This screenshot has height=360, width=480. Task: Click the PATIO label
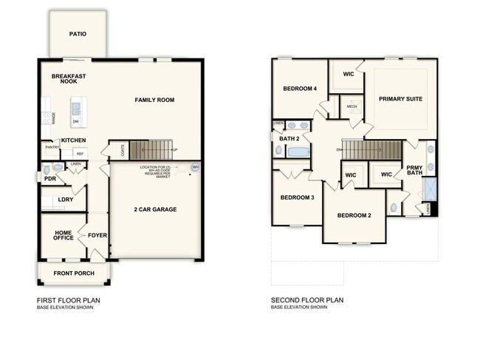(x=78, y=34)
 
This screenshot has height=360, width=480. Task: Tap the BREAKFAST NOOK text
(x=69, y=79)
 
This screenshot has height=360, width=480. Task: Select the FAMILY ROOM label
(x=154, y=99)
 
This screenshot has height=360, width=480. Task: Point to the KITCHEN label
(x=73, y=140)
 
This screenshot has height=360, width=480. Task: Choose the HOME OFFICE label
(x=63, y=236)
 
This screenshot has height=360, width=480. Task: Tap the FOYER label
(x=97, y=236)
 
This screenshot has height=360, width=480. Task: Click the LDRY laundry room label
(x=55, y=200)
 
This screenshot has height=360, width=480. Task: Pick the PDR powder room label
(x=50, y=179)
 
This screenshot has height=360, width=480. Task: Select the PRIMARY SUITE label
(x=401, y=98)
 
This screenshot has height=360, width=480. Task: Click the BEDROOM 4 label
(x=300, y=89)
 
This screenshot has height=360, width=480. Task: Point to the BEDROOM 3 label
(x=297, y=197)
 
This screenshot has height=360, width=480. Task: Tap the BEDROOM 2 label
(x=354, y=215)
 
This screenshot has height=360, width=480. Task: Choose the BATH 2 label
(x=289, y=138)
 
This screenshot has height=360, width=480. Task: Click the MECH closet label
(x=352, y=106)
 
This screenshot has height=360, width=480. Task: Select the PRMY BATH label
(x=414, y=171)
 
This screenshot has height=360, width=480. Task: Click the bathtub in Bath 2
(x=299, y=152)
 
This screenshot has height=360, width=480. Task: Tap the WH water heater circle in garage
(x=195, y=167)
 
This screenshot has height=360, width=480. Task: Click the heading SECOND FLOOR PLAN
(x=307, y=300)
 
